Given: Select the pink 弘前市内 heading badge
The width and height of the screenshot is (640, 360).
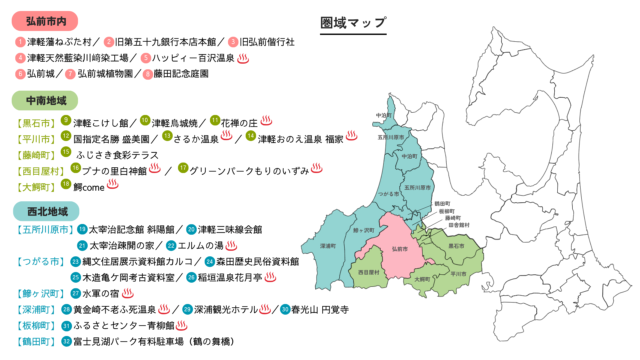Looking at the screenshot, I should (x=41, y=20).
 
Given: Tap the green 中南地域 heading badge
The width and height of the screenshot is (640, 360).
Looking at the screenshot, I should (x=41, y=101).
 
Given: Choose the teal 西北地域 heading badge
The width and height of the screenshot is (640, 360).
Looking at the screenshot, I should (x=41, y=210).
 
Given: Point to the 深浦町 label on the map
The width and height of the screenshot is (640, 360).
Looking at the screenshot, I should (x=326, y=244).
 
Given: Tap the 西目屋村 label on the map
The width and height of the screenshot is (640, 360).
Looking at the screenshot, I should (x=368, y=271).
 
